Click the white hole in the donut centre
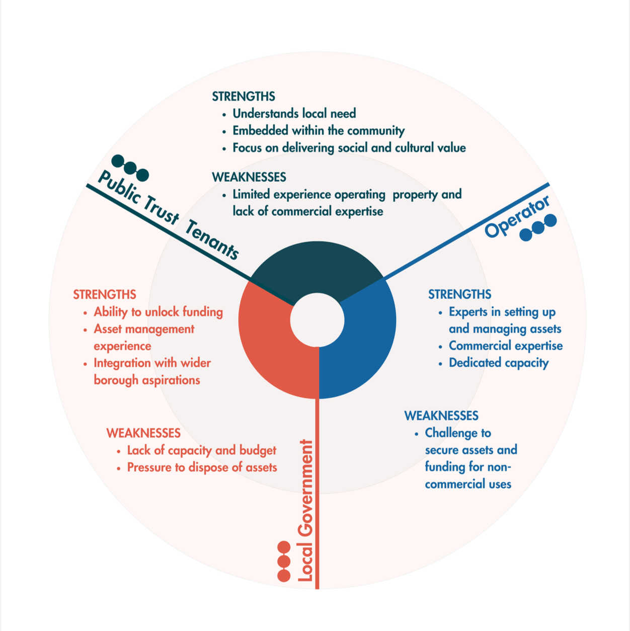pyautogui.click(x=318, y=320)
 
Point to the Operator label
pyautogui.click(x=517, y=217)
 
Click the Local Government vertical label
pyautogui.click(x=305, y=511)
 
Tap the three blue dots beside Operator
pyautogui.click(x=538, y=228)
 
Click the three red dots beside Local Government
pyautogui.click(x=284, y=562)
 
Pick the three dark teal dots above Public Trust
pyautogui.click(x=130, y=168)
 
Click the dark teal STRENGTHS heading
pyautogui.click(x=244, y=97)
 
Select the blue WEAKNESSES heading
pyautogui.click(x=441, y=416)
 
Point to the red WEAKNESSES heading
pyautogui.click(x=143, y=433)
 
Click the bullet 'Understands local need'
pyautogui.click(x=294, y=114)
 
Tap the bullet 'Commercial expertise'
pyautogui.click(x=505, y=346)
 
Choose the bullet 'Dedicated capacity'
pyautogui.click(x=498, y=363)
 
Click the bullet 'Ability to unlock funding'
pyautogui.click(x=158, y=312)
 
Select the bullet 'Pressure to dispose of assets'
pyautogui.click(x=202, y=467)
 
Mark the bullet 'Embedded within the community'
pyautogui.click(x=318, y=131)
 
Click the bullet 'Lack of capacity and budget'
pyautogui.click(x=201, y=450)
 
